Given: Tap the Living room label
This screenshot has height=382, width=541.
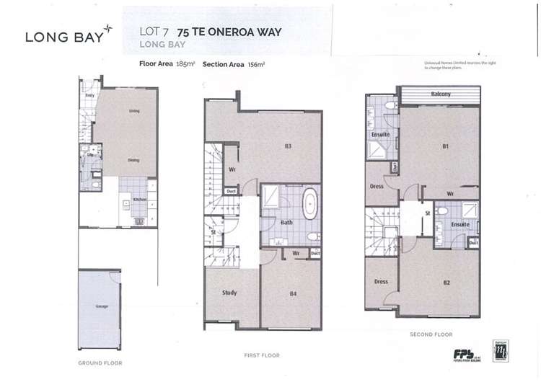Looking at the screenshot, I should (134, 111).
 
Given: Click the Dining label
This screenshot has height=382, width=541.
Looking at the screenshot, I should (133, 160).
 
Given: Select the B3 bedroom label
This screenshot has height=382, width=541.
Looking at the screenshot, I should (287, 146).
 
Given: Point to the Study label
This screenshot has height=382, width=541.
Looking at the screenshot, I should (229, 293).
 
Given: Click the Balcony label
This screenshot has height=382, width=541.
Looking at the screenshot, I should (441, 94).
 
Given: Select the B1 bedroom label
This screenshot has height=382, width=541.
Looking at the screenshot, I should (446, 146).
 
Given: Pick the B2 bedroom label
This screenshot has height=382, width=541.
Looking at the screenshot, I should (447, 282).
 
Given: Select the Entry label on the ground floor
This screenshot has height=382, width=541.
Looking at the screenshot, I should (90, 95).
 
